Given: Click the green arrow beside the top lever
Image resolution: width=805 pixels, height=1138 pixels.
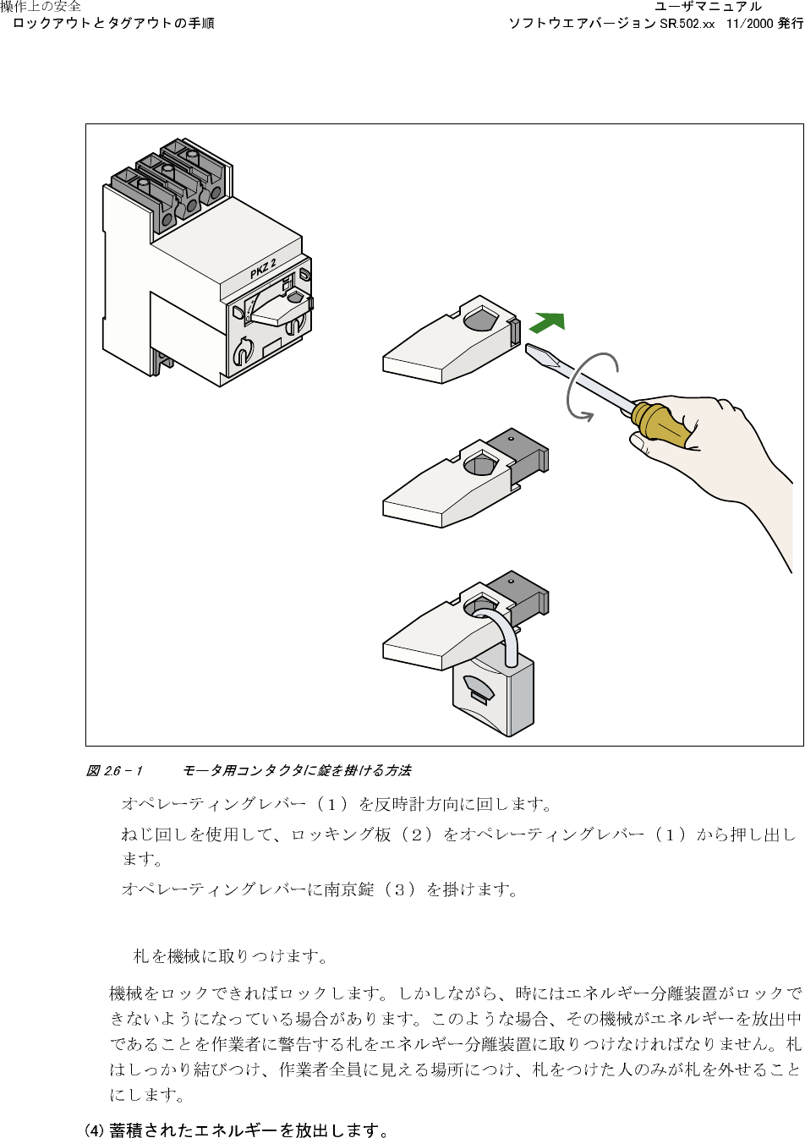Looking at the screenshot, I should pos(548,323).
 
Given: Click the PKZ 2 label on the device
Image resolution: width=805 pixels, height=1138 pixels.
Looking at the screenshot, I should pos(263,269).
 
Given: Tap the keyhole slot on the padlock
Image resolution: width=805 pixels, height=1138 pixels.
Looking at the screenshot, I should pos(481,697).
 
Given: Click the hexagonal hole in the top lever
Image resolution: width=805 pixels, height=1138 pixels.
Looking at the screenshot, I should pos(479,320).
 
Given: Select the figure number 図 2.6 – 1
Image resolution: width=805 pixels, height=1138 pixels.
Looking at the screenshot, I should pos(114,770).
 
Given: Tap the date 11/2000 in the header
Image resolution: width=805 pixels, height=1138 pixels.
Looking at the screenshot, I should pos(749,24).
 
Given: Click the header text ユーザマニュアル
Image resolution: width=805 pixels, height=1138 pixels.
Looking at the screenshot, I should pos(708,8).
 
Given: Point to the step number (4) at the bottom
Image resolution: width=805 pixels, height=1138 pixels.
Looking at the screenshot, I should pos(94,1130).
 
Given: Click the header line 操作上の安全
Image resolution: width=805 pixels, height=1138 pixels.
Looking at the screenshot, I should pos(41,7).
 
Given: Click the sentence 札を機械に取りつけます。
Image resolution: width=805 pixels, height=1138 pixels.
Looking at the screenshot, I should pos(231,956).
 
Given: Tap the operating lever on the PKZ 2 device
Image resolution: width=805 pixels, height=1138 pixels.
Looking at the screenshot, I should pos(278,314).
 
